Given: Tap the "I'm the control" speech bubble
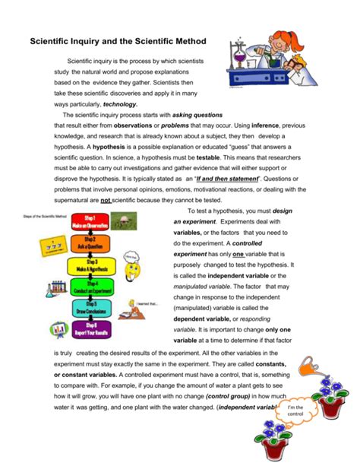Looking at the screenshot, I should [293, 411].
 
